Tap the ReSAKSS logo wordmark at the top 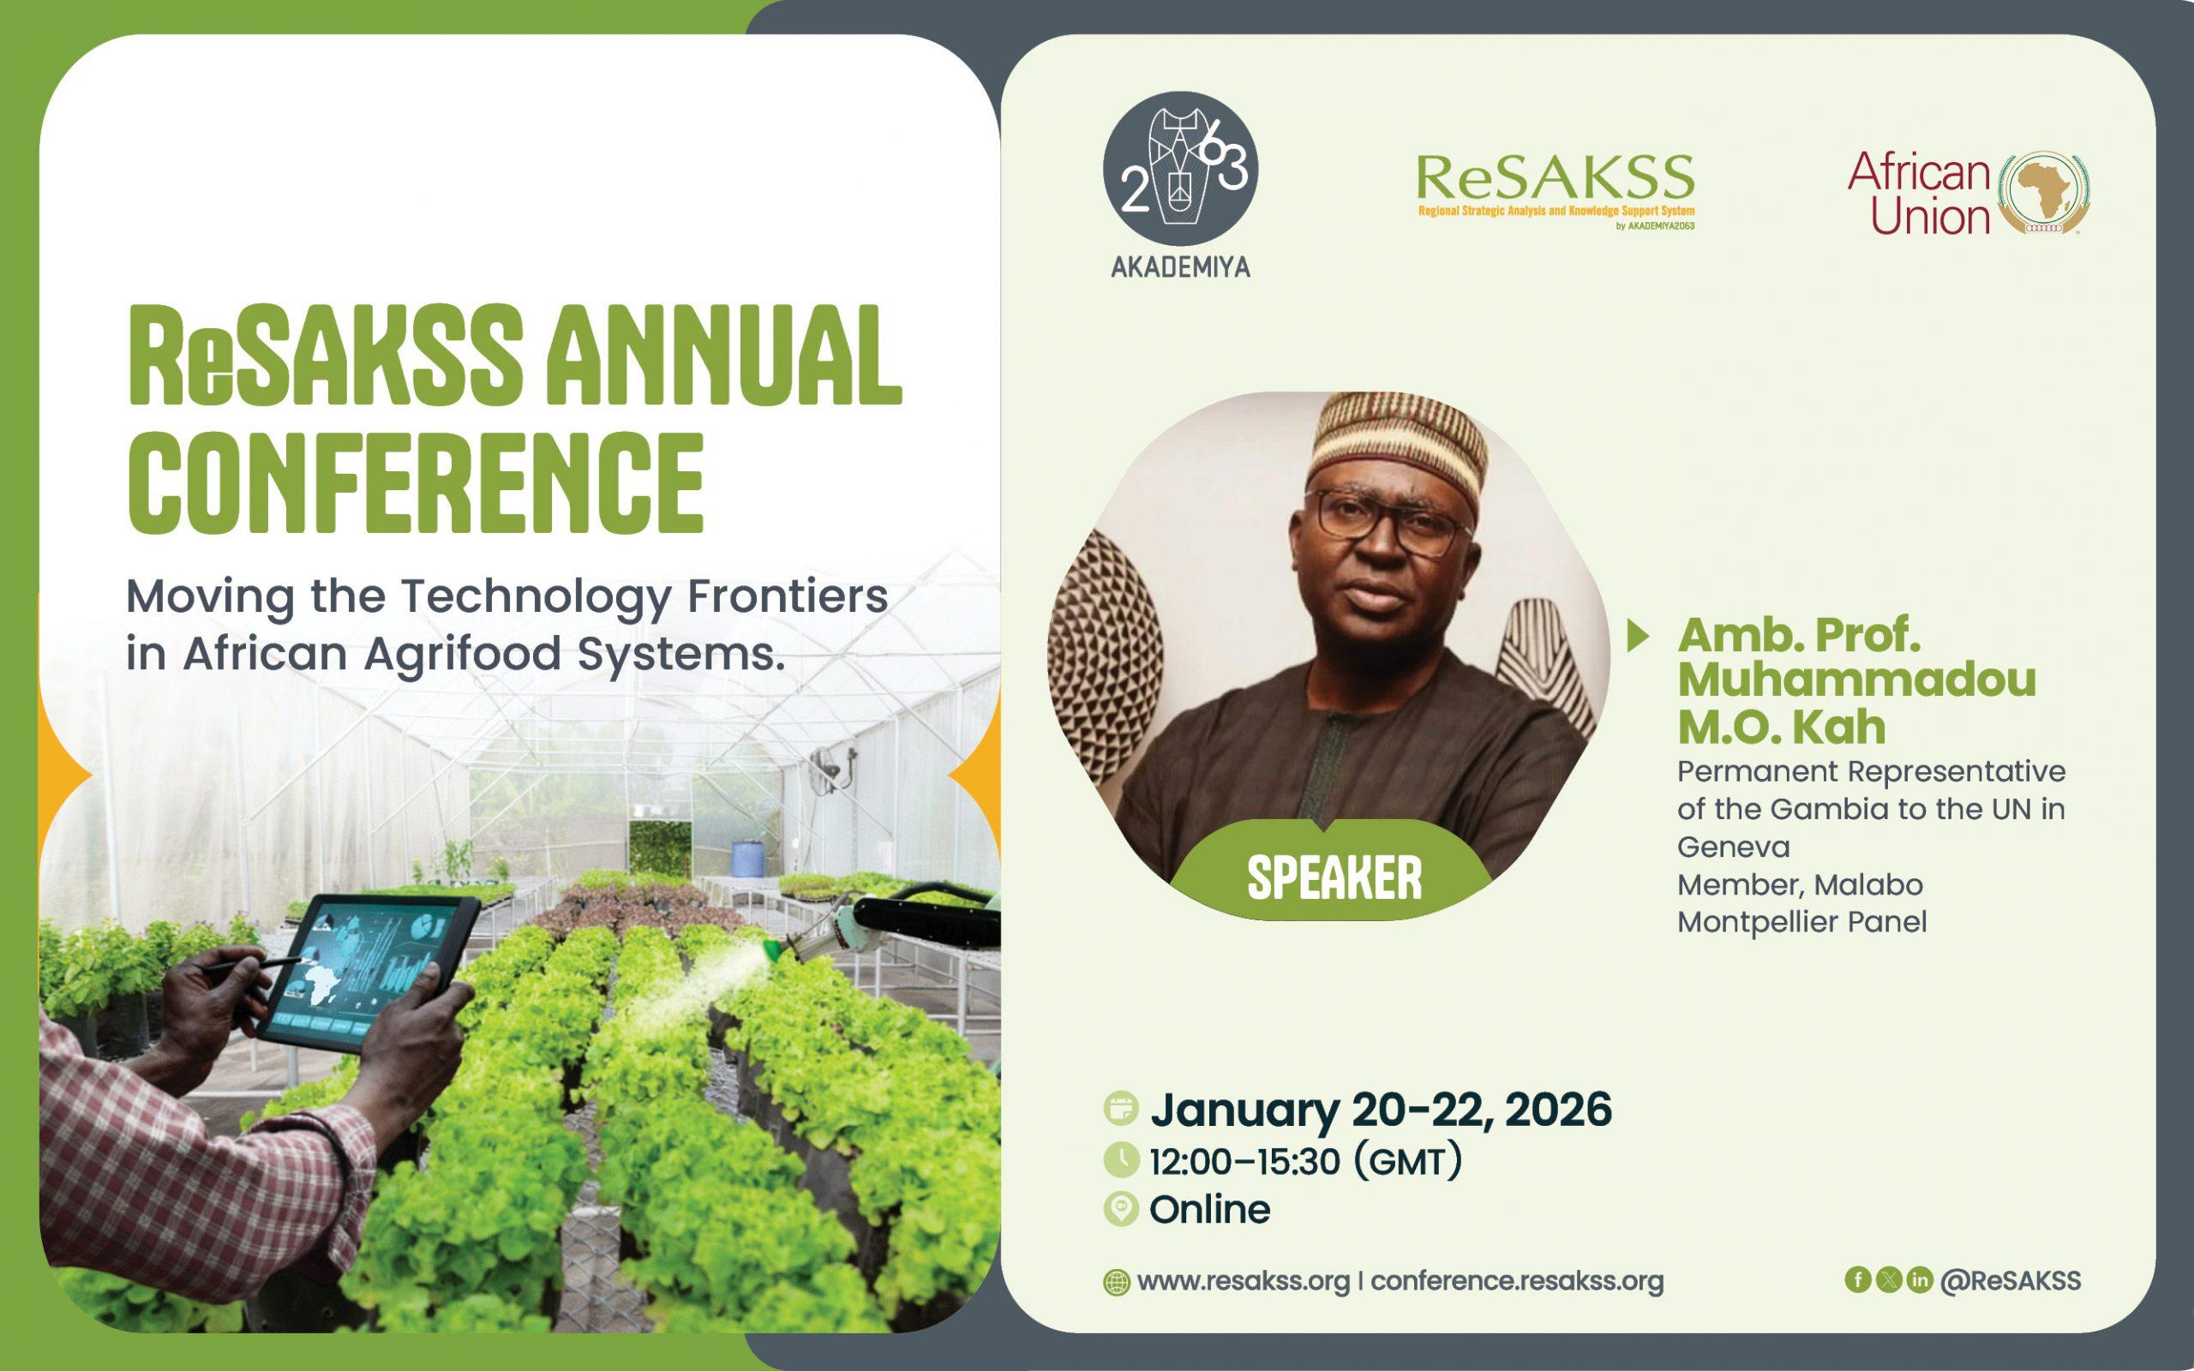tap(1555, 177)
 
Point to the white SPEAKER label tap(1334, 877)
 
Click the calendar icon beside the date tap(1122, 1109)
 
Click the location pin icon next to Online tap(1122, 1210)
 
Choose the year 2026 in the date tap(1557, 1110)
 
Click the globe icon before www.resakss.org tap(1116, 1283)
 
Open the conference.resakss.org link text tap(1517, 1281)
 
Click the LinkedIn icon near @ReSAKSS tap(1919, 1279)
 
